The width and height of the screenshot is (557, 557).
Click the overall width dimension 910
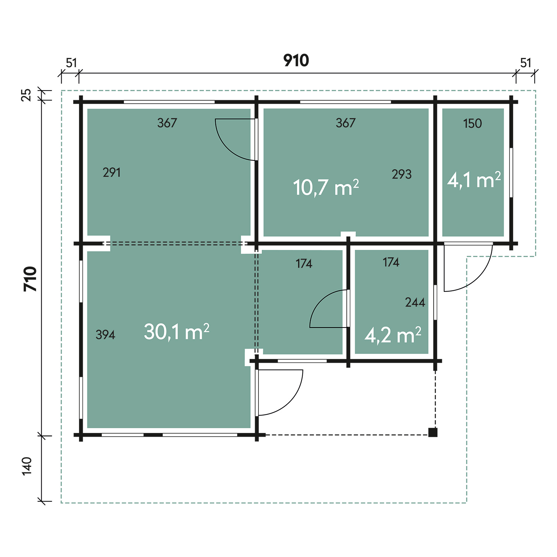[296, 60]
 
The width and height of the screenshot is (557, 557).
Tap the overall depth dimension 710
[30, 279]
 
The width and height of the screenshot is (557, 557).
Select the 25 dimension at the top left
[26, 95]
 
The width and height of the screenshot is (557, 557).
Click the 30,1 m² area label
[177, 332]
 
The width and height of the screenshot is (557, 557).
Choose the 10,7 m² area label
[326, 187]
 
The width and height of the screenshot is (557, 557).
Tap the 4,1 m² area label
[474, 180]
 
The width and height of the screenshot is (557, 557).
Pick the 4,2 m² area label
[393, 335]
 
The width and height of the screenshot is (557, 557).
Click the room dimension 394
[105, 335]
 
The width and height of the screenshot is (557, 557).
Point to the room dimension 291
[112, 172]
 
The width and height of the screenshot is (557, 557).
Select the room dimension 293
[402, 174]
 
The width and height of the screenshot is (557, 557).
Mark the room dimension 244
[415, 302]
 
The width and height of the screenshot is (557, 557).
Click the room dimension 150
[472, 123]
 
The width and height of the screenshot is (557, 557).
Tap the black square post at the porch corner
[433, 433]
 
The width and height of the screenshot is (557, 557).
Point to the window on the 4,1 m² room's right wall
[511, 172]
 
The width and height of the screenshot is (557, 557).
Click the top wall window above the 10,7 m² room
[345, 102]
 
